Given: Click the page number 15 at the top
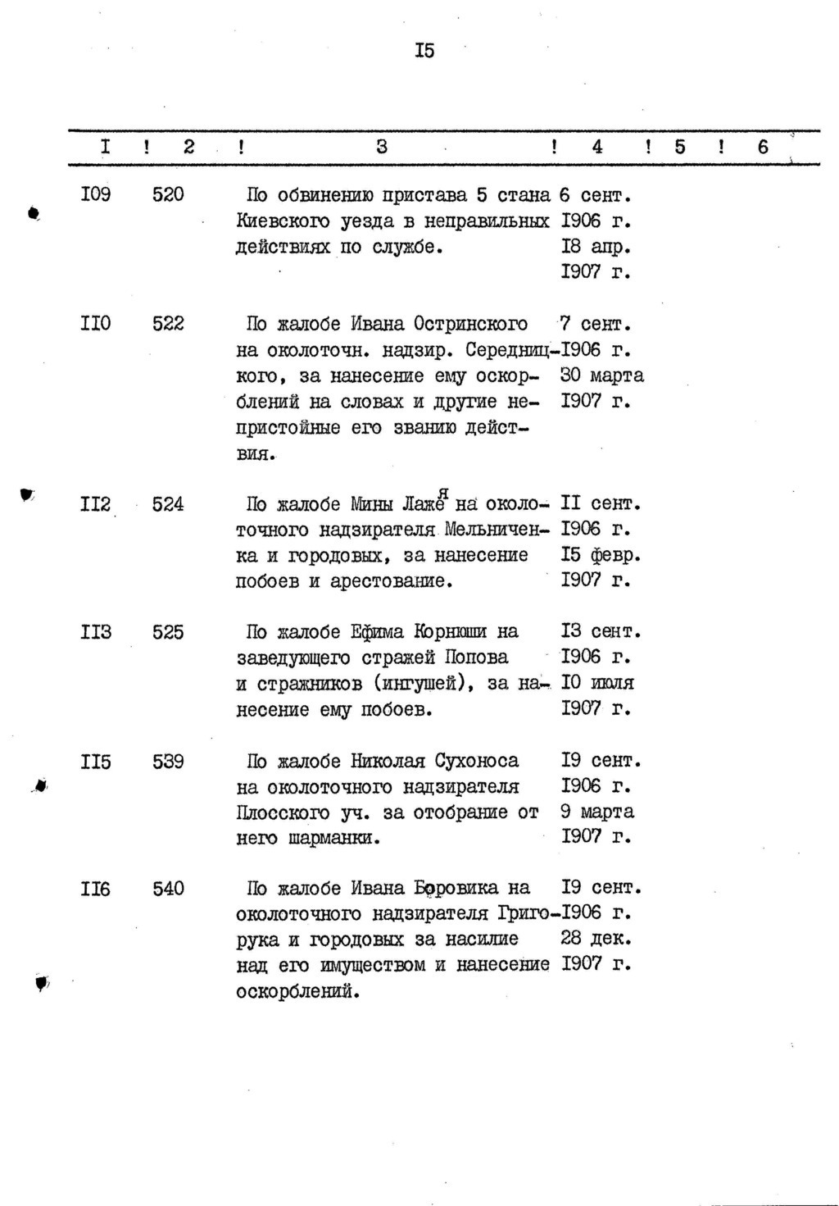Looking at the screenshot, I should pos(424,52).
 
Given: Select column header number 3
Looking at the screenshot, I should pos(382,147).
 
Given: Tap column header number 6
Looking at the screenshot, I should pos(764,147).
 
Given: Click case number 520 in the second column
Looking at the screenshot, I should pos(168,195).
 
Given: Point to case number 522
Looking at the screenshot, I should pos(168,324).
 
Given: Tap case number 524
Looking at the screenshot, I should pos(168,504).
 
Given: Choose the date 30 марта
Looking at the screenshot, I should pos(602,375).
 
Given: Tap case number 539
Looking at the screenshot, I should pos(168,762).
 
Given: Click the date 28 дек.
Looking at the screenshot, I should pos(596,938).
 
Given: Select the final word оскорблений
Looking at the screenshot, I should pos(297,991).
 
